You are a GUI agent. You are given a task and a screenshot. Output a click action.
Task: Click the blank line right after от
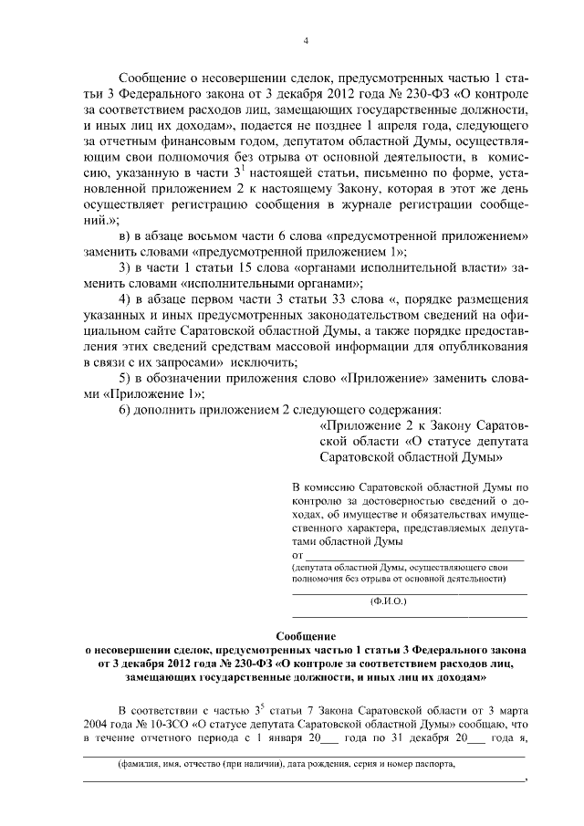point(415,554)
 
